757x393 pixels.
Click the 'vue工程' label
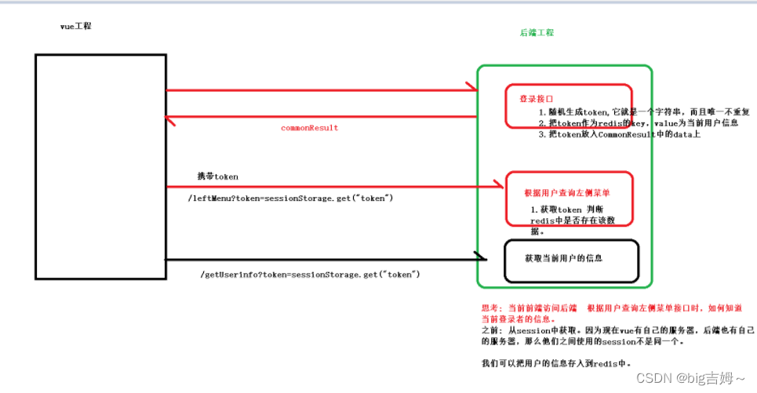tap(75, 27)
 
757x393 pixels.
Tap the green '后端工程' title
tap(537, 33)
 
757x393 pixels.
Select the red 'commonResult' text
tap(309, 128)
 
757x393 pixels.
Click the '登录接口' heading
tap(536, 100)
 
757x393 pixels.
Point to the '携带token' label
tap(217, 176)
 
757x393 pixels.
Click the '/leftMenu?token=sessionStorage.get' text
tap(290, 198)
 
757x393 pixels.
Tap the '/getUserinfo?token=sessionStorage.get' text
tap(311, 274)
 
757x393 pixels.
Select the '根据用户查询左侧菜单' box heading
tap(567, 193)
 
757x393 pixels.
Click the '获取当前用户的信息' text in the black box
tap(564, 258)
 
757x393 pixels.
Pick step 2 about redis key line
tap(638, 123)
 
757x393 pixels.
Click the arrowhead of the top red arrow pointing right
tap(471, 88)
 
